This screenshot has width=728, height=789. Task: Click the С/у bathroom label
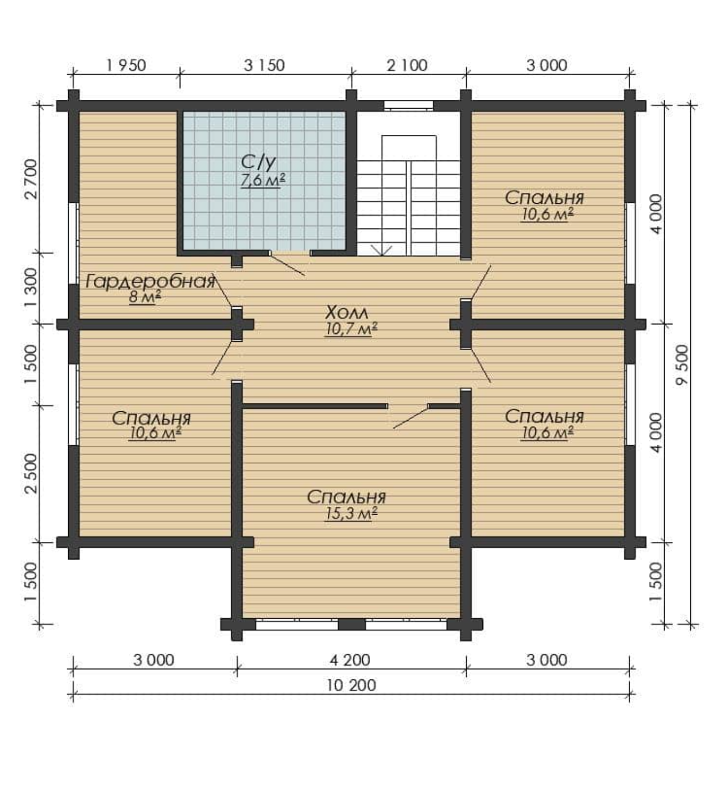[258, 162]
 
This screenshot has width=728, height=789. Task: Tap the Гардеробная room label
[150, 281]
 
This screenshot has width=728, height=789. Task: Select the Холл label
[347, 312]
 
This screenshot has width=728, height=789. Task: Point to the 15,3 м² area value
[351, 514]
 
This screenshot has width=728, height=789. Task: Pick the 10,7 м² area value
[351, 329]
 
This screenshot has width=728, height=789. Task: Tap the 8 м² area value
[145, 297]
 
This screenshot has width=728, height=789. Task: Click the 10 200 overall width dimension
[351, 685]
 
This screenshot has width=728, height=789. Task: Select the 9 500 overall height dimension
[681, 364]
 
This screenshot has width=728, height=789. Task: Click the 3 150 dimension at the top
[264, 65]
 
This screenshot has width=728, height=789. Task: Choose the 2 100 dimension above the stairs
[408, 65]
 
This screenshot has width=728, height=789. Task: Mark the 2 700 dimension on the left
[31, 179]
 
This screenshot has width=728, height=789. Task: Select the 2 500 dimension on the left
[31, 473]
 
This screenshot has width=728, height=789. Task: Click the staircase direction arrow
[381, 250]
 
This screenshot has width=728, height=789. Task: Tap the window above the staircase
[409, 106]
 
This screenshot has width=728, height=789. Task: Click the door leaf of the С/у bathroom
[287, 264]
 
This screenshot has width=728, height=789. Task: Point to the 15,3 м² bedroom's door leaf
[411, 418]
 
